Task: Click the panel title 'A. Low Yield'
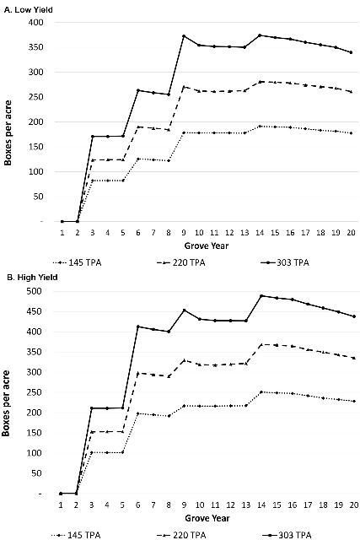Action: (27, 6)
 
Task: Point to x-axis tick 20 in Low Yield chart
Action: (351, 232)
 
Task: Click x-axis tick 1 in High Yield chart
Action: (62, 504)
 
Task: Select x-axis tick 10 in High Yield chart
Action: (199, 504)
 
